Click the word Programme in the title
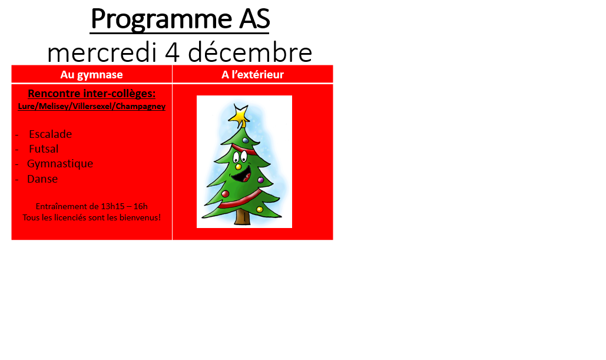tap(162, 19)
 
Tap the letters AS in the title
tap(254, 18)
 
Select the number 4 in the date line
tap(173, 52)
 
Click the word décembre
tap(250, 52)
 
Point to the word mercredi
tap(102, 52)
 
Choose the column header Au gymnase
tap(92, 74)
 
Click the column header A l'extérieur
tap(253, 74)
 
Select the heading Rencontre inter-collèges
tap(92, 94)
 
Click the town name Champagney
tap(141, 107)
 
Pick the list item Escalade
tap(50, 134)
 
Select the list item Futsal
tap(44, 149)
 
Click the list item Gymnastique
tap(60, 164)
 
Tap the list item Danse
tap(42, 179)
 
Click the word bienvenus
tap(140, 217)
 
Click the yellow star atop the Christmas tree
tap(239, 115)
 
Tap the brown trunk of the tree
tap(243, 217)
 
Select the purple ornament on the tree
tap(260, 180)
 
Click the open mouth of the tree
tap(243, 175)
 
